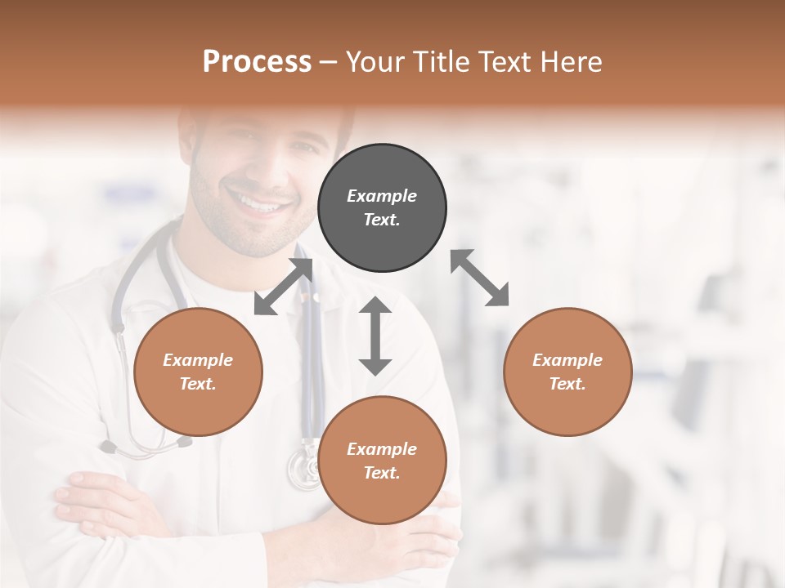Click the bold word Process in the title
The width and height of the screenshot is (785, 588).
pyautogui.click(x=257, y=62)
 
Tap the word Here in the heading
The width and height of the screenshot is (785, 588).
pyautogui.click(x=572, y=62)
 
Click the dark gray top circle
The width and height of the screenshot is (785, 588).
pyautogui.click(x=382, y=207)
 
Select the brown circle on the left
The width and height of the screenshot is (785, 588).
pyautogui.click(x=198, y=372)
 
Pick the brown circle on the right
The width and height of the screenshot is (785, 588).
pyautogui.click(x=567, y=372)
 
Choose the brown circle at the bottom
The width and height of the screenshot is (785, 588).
pyautogui.click(x=382, y=461)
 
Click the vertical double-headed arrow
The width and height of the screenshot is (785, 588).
pyautogui.click(x=375, y=336)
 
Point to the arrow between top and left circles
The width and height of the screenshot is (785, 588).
pyautogui.click(x=283, y=287)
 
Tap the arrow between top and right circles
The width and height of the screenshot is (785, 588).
pyautogui.click(x=480, y=278)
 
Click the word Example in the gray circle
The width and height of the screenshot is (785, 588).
pyautogui.click(x=382, y=196)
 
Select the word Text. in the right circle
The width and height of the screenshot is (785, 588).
pyautogui.click(x=567, y=384)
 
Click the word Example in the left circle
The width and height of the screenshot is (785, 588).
pyautogui.click(x=198, y=360)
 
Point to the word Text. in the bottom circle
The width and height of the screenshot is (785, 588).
pyautogui.click(x=382, y=473)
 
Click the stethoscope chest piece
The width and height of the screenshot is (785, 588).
pyautogui.click(x=304, y=470)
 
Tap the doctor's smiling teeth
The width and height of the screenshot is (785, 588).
pyautogui.click(x=258, y=200)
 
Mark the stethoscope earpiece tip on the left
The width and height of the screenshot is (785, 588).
pyautogui.click(x=107, y=447)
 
